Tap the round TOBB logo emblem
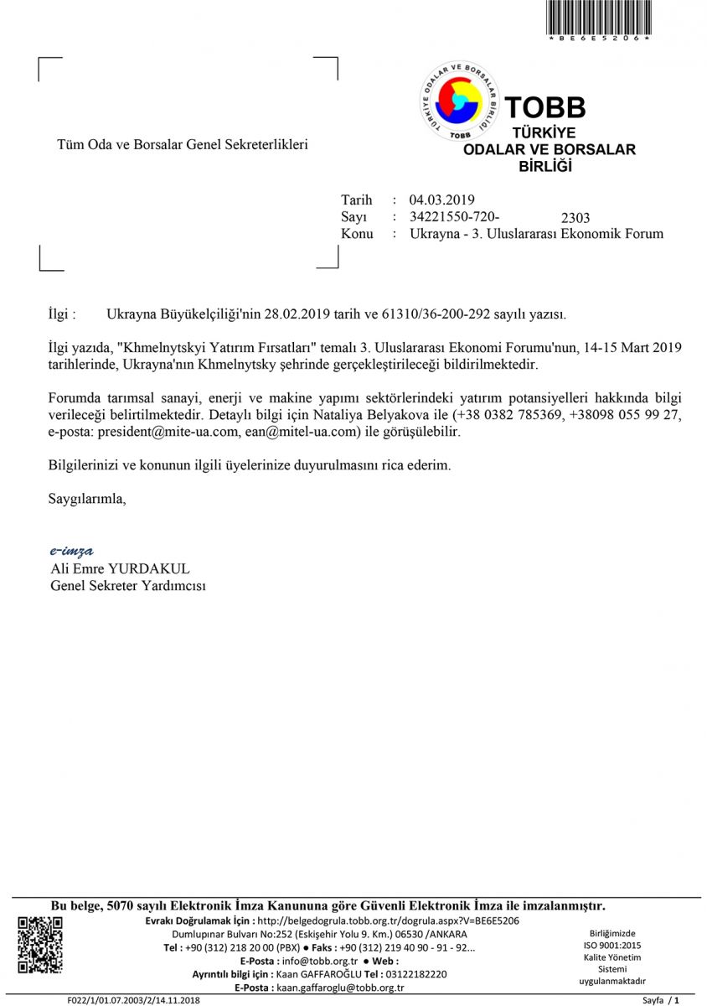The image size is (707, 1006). (x=459, y=101)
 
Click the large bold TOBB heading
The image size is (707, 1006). (x=544, y=108)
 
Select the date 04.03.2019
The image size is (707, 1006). (x=441, y=200)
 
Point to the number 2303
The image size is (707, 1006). (x=575, y=219)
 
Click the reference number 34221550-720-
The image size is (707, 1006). (x=455, y=216)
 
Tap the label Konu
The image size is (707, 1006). (x=357, y=234)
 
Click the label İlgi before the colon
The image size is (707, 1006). (x=61, y=314)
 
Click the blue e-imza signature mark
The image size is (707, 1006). (x=71, y=551)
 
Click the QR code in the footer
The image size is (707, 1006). (x=40, y=945)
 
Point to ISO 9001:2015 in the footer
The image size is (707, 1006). (x=612, y=945)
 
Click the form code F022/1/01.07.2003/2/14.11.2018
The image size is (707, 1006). (x=134, y=1000)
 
